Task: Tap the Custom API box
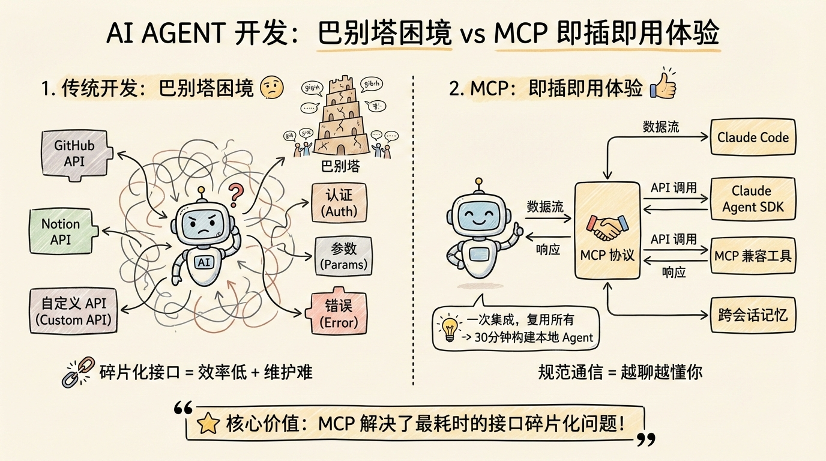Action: click(73, 310)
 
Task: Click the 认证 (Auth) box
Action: click(339, 203)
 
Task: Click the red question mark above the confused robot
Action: click(236, 194)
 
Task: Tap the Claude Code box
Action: click(753, 137)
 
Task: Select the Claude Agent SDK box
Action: click(753, 199)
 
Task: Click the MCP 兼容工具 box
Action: click(753, 256)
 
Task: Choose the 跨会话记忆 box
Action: click(753, 314)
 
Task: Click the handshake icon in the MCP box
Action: click(607, 228)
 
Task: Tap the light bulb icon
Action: click(448, 327)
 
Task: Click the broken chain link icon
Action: click(76, 372)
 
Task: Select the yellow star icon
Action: click(208, 424)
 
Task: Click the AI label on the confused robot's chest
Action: click(205, 262)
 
